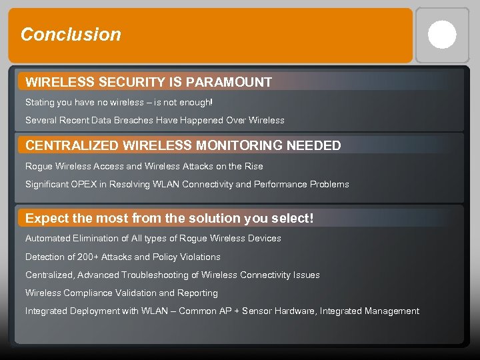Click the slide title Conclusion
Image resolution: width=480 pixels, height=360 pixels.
[x=71, y=35]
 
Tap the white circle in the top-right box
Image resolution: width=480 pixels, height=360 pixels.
[x=442, y=35]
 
